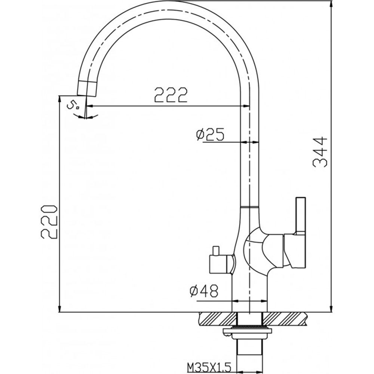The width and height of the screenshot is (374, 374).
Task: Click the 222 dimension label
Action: pos(171,95)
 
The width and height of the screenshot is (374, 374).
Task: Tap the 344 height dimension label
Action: pos(320,152)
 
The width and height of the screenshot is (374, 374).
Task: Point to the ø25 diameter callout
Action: pos(210,134)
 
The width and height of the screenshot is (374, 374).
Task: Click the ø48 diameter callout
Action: pos(204,291)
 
